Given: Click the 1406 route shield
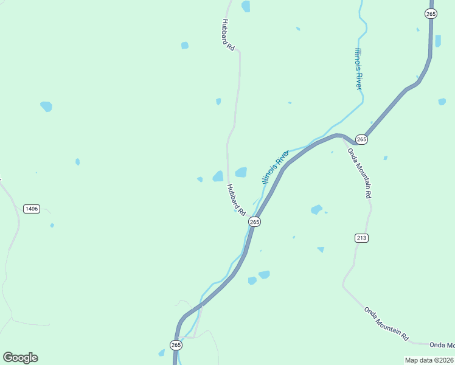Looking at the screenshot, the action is [x=32, y=209].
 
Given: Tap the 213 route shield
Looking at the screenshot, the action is [x=361, y=237].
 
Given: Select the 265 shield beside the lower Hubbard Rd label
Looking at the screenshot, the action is [x=254, y=222].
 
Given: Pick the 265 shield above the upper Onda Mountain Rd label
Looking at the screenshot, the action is [x=361, y=139].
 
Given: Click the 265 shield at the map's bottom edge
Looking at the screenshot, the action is [x=176, y=345].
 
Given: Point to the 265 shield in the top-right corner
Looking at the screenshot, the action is [x=431, y=13].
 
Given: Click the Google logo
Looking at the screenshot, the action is [x=20, y=357].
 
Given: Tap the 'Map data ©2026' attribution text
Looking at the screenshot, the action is [x=429, y=360].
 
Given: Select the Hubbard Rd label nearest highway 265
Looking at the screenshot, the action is [x=235, y=200].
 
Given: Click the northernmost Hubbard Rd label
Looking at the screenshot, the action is [x=227, y=35].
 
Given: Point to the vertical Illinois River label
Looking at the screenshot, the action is [x=359, y=69].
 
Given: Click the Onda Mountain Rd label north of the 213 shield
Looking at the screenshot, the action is [x=359, y=173].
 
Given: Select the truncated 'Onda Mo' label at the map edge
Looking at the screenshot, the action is [x=442, y=345].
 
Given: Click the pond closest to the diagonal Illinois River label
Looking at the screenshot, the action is [x=241, y=172].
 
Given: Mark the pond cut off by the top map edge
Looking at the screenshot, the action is [x=246, y=6].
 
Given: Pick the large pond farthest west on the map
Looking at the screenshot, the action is [x=46, y=106].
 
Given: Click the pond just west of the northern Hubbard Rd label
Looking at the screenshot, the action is [x=184, y=45].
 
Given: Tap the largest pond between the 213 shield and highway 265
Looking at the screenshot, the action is [x=316, y=209].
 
